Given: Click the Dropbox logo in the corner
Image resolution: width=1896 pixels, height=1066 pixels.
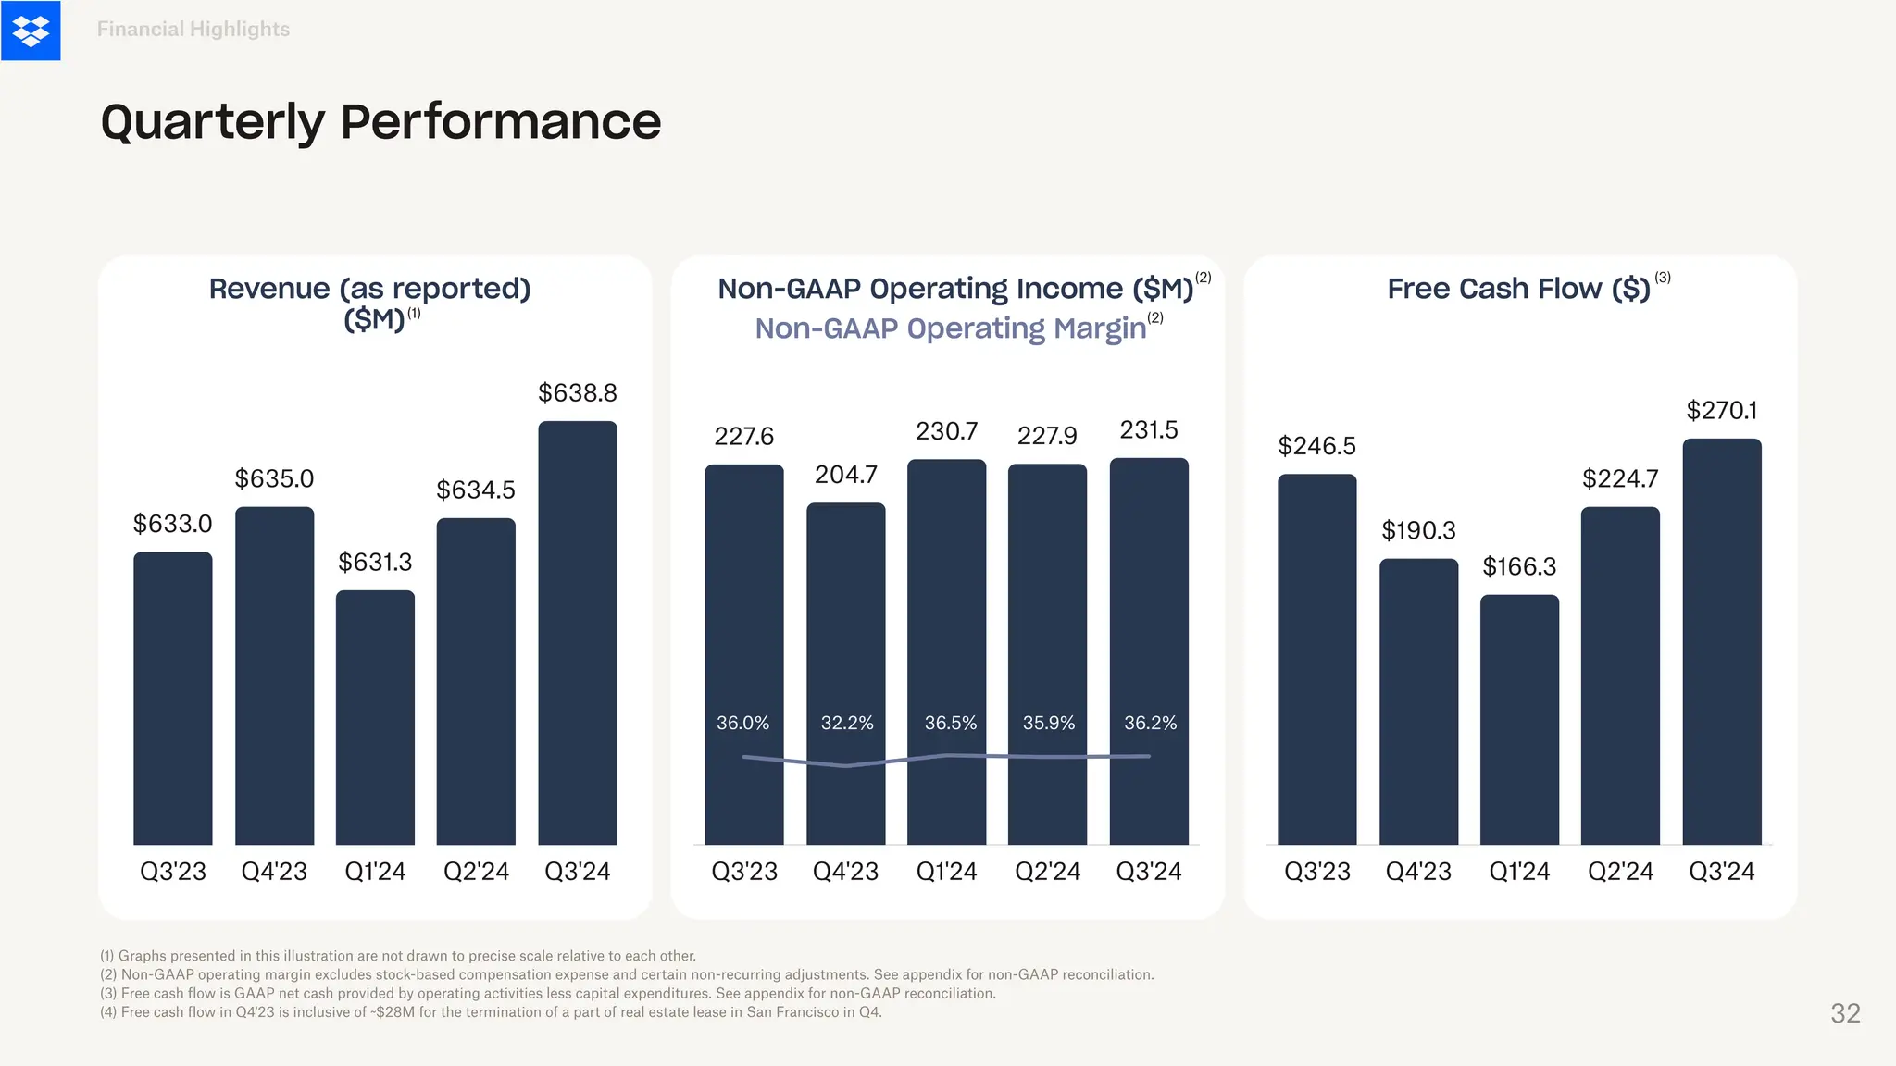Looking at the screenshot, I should click(31, 31).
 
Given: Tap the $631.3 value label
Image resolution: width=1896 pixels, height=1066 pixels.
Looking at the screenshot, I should click(375, 562).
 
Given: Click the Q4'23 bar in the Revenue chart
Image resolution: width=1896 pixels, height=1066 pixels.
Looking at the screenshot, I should click(274, 676).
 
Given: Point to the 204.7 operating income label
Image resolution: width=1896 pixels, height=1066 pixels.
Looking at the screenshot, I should click(845, 475).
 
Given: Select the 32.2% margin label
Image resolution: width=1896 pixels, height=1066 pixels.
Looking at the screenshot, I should click(847, 723).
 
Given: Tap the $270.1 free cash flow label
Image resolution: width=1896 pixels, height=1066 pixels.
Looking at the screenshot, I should click(1721, 410).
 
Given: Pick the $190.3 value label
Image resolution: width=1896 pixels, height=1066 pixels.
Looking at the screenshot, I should click(1418, 530).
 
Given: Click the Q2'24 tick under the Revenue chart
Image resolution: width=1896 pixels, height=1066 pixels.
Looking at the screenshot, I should click(476, 872).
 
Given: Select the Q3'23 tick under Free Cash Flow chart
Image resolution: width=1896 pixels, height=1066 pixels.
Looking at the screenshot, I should click(1316, 872).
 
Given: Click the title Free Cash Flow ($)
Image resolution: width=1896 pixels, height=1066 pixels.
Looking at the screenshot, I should click(1518, 289).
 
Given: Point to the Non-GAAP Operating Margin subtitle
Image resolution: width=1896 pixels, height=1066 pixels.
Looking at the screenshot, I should click(951, 328).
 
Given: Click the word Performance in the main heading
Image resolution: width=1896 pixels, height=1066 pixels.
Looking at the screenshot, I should click(500, 121).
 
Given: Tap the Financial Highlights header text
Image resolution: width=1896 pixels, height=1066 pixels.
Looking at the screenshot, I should click(193, 30).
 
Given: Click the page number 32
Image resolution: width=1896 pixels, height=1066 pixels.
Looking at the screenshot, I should click(1845, 1013).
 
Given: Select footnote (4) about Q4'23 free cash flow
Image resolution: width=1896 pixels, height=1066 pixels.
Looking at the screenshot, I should click(491, 1012).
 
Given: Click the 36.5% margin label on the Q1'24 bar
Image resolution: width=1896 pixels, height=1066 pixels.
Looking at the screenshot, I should click(951, 723).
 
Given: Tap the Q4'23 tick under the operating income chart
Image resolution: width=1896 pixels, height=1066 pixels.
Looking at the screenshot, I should click(845, 872).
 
